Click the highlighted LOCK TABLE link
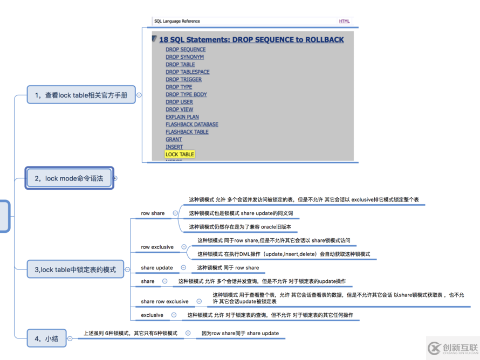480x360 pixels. pyautogui.click(x=180, y=154)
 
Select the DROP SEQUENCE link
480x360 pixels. pyautogui.click(x=186, y=50)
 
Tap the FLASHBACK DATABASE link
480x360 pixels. pyautogui.click(x=192, y=124)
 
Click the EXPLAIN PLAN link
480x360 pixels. pyautogui.click(x=182, y=117)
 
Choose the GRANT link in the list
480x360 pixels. pyautogui.click(x=174, y=140)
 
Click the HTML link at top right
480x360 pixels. pyautogui.click(x=344, y=22)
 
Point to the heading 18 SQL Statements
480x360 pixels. pyautogui.click(x=251, y=39)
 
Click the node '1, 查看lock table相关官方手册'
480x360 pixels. pyautogui.click(x=81, y=95)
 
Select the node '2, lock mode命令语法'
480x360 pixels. pyautogui.click(x=69, y=178)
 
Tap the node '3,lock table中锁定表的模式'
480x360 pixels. pyautogui.click(x=75, y=269)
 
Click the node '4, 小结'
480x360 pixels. pyautogui.click(x=46, y=339)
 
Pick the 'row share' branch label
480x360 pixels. pyautogui.click(x=153, y=213)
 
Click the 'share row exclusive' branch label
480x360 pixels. pyautogui.click(x=164, y=302)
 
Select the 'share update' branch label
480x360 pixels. pyautogui.click(x=157, y=268)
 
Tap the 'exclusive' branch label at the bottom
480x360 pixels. pyautogui.click(x=152, y=315)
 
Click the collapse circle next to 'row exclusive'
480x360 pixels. pyautogui.click(x=184, y=247)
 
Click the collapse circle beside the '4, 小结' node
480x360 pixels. pyautogui.click(x=71, y=339)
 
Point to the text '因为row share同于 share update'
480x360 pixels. pyautogui.click(x=240, y=334)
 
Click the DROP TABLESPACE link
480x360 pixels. pyautogui.click(x=188, y=72)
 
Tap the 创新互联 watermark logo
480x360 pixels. pyautogui.click(x=453, y=348)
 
